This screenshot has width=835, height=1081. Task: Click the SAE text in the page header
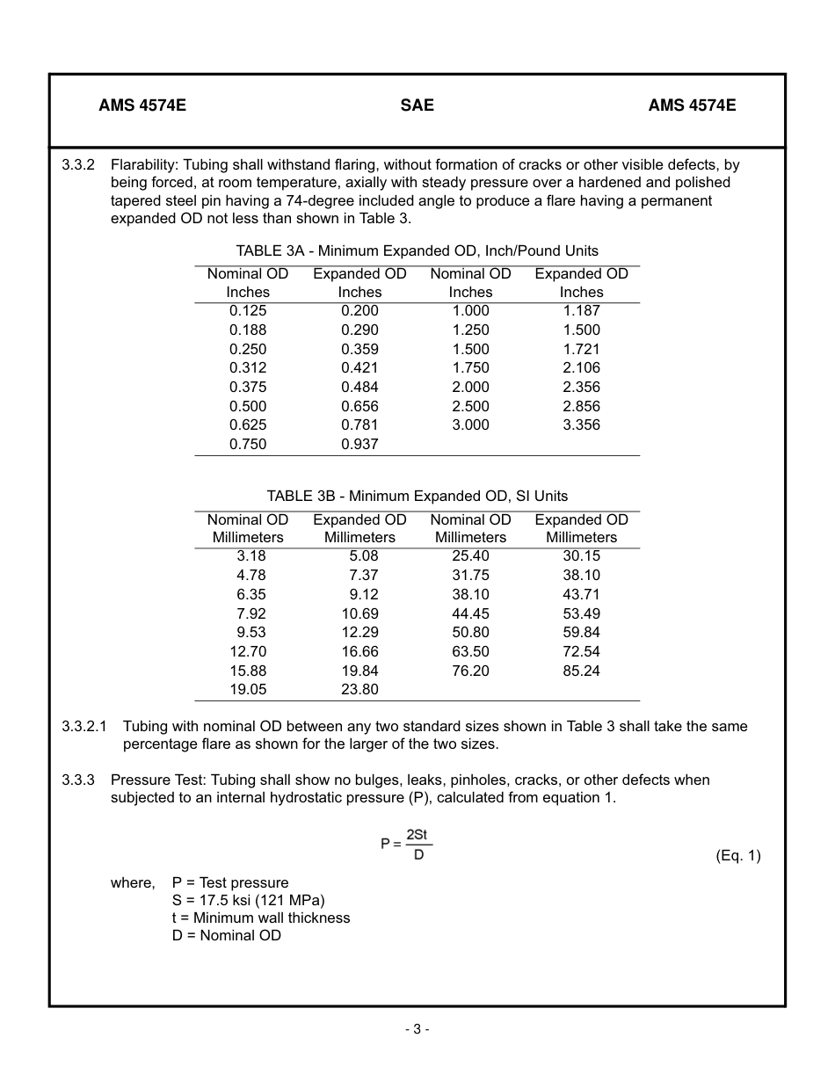click(x=417, y=105)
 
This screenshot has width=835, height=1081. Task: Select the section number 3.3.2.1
click(x=83, y=727)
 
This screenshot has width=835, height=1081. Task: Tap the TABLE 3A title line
click(x=417, y=250)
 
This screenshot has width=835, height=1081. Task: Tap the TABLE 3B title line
click(x=417, y=496)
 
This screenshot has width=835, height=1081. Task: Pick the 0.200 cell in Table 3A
click(x=359, y=310)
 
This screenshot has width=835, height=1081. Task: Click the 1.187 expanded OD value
click(x=581, y=310)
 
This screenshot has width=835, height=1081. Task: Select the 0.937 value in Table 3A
click(x=359, y=444)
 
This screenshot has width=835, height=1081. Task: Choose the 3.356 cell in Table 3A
click(x=581, y=424)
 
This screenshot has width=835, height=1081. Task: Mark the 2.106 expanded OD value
click(x=581, y=367)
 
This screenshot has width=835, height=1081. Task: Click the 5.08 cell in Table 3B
click(x=363, y=555)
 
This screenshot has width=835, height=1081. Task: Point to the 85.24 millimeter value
click(x=581, y=671)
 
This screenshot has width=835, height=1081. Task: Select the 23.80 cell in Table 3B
click(x=359, y=690)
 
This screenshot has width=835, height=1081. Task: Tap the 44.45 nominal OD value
click(x=470, y=613)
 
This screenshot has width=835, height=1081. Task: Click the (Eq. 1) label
click(x=737, y=856)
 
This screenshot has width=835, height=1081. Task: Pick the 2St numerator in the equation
click(x=417, y=835)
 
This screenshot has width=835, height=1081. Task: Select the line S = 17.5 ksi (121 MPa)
click(x=248, y=900)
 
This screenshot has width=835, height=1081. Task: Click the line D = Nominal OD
click(x=226, y=935)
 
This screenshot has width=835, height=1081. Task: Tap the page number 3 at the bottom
click(x=417, y=1029)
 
